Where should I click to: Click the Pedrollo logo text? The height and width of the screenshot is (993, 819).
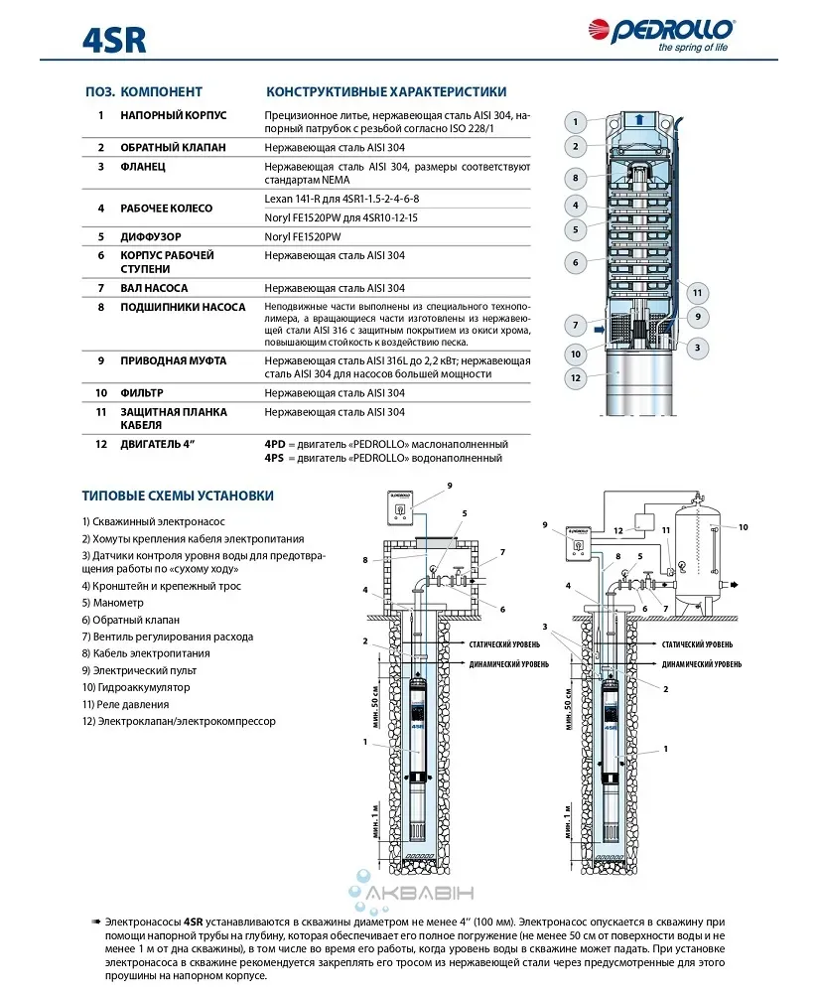pyautogui.click(x=686, y=31)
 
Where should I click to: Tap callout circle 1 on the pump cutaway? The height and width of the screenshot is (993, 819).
pyautogui.click(x=575, y=123)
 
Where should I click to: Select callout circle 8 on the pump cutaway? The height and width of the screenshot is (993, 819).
pyautogui.click(x=575, y=179)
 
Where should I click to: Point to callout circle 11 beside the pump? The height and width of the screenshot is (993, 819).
pyautogui.click(x=698, y=293)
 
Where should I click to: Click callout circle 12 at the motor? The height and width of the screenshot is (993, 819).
pyautogui.click(x=575, y=377)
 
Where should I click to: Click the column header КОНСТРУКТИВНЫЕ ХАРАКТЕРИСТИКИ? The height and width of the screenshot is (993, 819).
pyautogui.click(x=385, y=91)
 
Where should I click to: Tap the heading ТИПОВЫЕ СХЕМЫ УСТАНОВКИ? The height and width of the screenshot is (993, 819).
pyautogui.click(x=179, y=496)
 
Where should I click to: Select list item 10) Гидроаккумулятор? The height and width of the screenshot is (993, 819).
pyautogui.click(x=136, y=687)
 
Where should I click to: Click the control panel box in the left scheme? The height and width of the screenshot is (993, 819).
pyautogui.click(x=398, y=509)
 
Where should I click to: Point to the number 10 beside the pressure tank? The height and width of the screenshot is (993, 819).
pyautogui.click(x=743, y=527)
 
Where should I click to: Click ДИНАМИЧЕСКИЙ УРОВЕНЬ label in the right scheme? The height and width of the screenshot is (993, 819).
pyautogui.click(x=701, y=662)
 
